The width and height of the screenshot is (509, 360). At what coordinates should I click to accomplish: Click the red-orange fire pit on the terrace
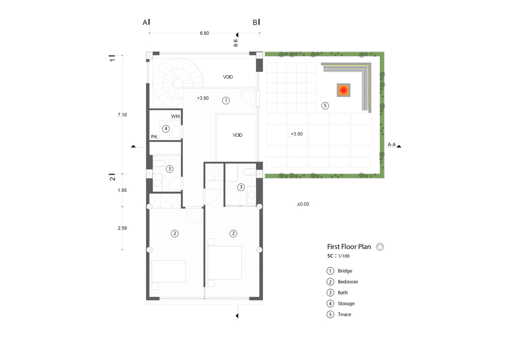click(x=344, y=90)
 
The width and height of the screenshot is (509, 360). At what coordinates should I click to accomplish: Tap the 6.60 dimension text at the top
click(x=204, y=33)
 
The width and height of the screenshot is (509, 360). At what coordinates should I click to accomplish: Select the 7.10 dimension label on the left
click(x=122, y=115)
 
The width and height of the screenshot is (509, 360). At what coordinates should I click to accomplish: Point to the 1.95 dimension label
click(x=122, y=190)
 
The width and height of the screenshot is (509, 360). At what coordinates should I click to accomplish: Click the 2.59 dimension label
click(x=122, y=228)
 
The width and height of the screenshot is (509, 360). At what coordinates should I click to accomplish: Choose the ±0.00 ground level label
click(x=303, y=204)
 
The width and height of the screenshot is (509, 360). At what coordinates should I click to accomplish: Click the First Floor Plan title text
click(x=349, y=246)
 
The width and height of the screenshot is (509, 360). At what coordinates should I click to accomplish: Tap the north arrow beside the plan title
click(x=380, y=247)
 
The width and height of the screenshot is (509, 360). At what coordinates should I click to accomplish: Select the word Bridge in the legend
click(x=345, y=271)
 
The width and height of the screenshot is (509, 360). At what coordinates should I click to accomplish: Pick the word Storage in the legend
click(x=346, y=303)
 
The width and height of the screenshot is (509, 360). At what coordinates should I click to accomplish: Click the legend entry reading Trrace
click(x=345, y=315)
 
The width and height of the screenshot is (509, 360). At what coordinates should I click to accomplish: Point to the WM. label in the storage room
click(x=176, y=117)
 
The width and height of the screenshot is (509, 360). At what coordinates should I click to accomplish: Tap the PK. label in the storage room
click(x=155, y=137)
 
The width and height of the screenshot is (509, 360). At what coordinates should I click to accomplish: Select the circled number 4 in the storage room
click(x=166, y=128)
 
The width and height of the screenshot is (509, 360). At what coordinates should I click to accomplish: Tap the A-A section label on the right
click(x=392, y=145)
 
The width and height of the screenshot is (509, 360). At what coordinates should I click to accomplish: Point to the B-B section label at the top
click(x=236, y=43)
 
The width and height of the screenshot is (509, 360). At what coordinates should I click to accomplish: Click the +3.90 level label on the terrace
click(x=297, y=134)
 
